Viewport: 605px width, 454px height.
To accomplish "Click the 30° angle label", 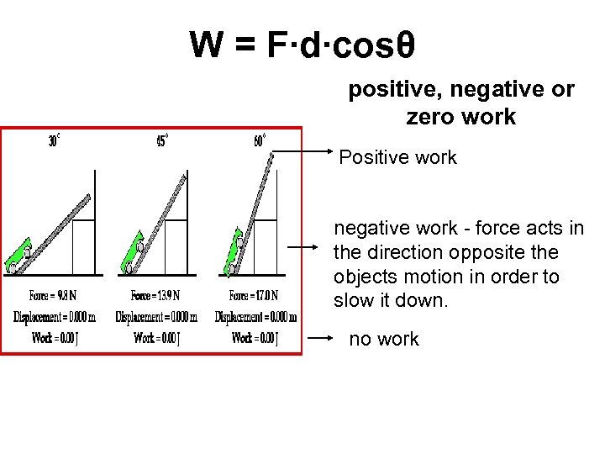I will [53, 141].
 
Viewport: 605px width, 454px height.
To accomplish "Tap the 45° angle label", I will [162, 141].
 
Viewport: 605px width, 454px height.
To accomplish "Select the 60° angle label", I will [260, 141].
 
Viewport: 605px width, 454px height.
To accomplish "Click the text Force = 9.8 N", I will [52, 295].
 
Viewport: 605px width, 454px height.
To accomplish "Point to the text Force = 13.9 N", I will [155, 295].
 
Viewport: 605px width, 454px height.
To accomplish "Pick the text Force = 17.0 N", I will [253, 295].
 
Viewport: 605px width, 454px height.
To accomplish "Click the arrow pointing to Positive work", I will [302, 152].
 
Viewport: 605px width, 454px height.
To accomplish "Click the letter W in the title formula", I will [207, 45].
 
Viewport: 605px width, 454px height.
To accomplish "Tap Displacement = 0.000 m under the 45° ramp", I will [156, 317].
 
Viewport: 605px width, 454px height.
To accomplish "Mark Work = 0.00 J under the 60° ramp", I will [255, 338].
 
